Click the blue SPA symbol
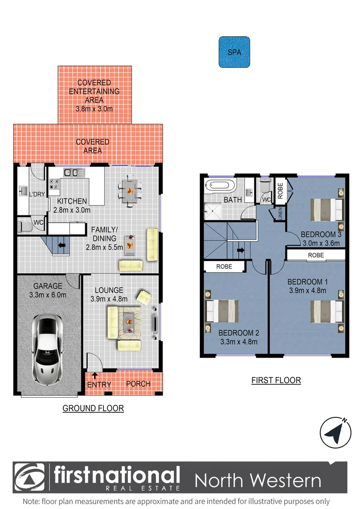click(x=234, y=52)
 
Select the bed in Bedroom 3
click(x=325, y=210)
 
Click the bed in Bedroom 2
click(x=223, y=312)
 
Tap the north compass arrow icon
click(x=336, y=433)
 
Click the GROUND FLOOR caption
click(x=93, y=408)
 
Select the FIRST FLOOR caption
click(x=276, y=380)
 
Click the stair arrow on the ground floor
click(x=60, y=245)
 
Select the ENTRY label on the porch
click(x=99, y=385)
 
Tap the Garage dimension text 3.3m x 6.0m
click(x=48, y=295)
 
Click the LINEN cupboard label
click(x=280, y=213)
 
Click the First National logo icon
click(x=30, y=477)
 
